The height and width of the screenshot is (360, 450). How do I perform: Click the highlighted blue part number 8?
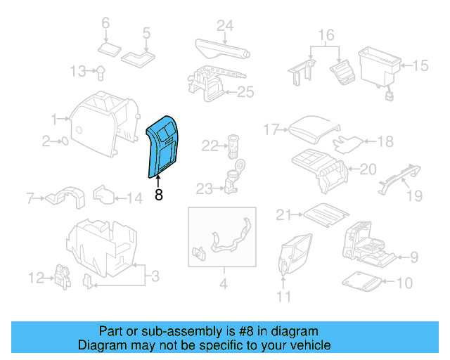pos(162,146)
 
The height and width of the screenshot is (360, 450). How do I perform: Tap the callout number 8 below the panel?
pos(158,195)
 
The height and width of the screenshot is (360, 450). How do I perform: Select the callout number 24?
pos(224,27)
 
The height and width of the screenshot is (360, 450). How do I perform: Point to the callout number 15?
pos(420,65)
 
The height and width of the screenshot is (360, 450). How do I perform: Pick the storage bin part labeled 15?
pos(378,65)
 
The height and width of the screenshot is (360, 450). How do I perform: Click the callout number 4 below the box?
pos(224,285)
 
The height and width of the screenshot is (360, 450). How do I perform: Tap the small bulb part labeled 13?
pos(101,70)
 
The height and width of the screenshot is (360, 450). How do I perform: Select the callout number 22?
pos(210,146)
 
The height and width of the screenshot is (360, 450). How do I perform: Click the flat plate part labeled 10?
pos(363,283)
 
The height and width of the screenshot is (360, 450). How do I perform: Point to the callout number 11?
pos(283,297)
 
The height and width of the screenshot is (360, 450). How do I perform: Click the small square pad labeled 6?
pos(109,49)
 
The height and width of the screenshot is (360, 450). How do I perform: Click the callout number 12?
pos(36,279)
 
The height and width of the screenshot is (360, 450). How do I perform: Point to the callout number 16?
pos(325,34)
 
